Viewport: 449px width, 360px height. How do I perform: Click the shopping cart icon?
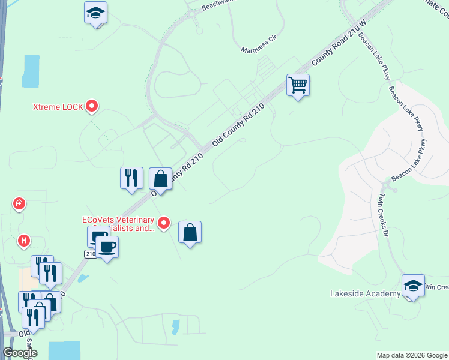point(298,85)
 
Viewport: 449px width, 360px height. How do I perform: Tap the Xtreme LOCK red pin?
point(92,107)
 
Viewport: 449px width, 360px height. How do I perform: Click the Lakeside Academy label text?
point(365,293)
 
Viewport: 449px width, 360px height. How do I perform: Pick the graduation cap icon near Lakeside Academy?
point(413,286)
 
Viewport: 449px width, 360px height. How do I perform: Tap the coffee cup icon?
point(107,247)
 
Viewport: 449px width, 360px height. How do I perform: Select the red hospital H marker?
point(23,241)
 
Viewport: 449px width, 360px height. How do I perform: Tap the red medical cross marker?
point(19,204)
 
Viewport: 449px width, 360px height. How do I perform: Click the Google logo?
point(20,353)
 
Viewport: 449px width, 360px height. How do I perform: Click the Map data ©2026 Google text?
point(411,355)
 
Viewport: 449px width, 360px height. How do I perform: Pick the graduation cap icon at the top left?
point(95,13)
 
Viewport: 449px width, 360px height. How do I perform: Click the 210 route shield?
point(89,254)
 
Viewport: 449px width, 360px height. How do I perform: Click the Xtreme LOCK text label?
point(58,107)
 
